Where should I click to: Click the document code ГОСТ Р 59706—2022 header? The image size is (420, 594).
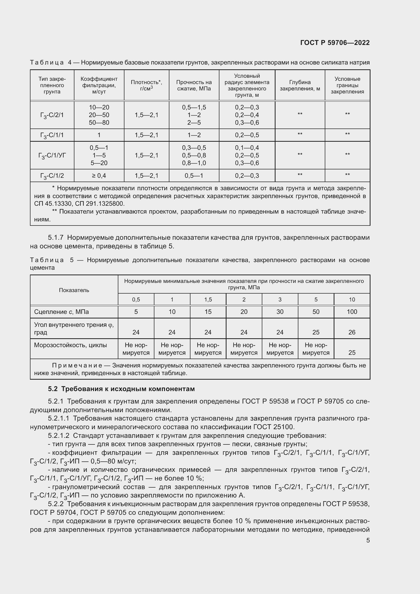click(335, 43)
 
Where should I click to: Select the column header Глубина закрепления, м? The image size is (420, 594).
click(300, 85)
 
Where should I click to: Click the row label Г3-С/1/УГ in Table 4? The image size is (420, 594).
click(52, 155)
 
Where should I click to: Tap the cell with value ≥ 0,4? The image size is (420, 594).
click(99, 176)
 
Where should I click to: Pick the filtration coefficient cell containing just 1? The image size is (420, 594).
click(99, 135)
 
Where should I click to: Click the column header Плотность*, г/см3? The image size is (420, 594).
click(146, 85)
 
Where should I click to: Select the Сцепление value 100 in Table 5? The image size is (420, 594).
click(352, 312)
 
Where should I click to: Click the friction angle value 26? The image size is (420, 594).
click(352, 332)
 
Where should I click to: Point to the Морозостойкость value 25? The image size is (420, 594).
click(352, 353)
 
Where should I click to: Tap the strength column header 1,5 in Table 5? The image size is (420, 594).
click(208, 300)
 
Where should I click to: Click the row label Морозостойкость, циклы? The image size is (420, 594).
click(70, 345)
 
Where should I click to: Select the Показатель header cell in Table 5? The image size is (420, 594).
click(74, 290)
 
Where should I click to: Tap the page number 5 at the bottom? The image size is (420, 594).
click(368, 540)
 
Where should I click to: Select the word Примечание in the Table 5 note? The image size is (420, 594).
click(77, 365)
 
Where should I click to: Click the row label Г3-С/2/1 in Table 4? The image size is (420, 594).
click(52, 115)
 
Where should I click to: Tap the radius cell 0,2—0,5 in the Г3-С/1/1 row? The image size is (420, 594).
click(247, 135)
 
